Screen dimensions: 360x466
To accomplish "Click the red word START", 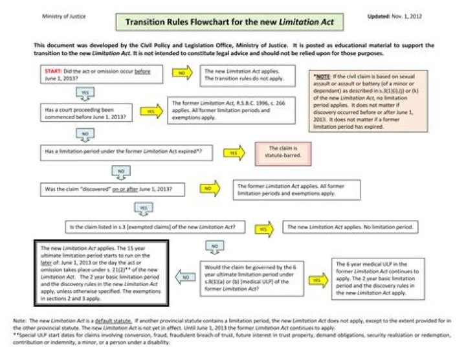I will pos(52,70).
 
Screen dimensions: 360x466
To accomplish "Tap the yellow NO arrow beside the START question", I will pos(182,73).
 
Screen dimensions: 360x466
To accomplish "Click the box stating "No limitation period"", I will pos(353,228).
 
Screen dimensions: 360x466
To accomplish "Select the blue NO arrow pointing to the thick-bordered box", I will pos(184,277).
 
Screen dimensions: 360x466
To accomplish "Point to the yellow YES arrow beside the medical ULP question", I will pos(315,280).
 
